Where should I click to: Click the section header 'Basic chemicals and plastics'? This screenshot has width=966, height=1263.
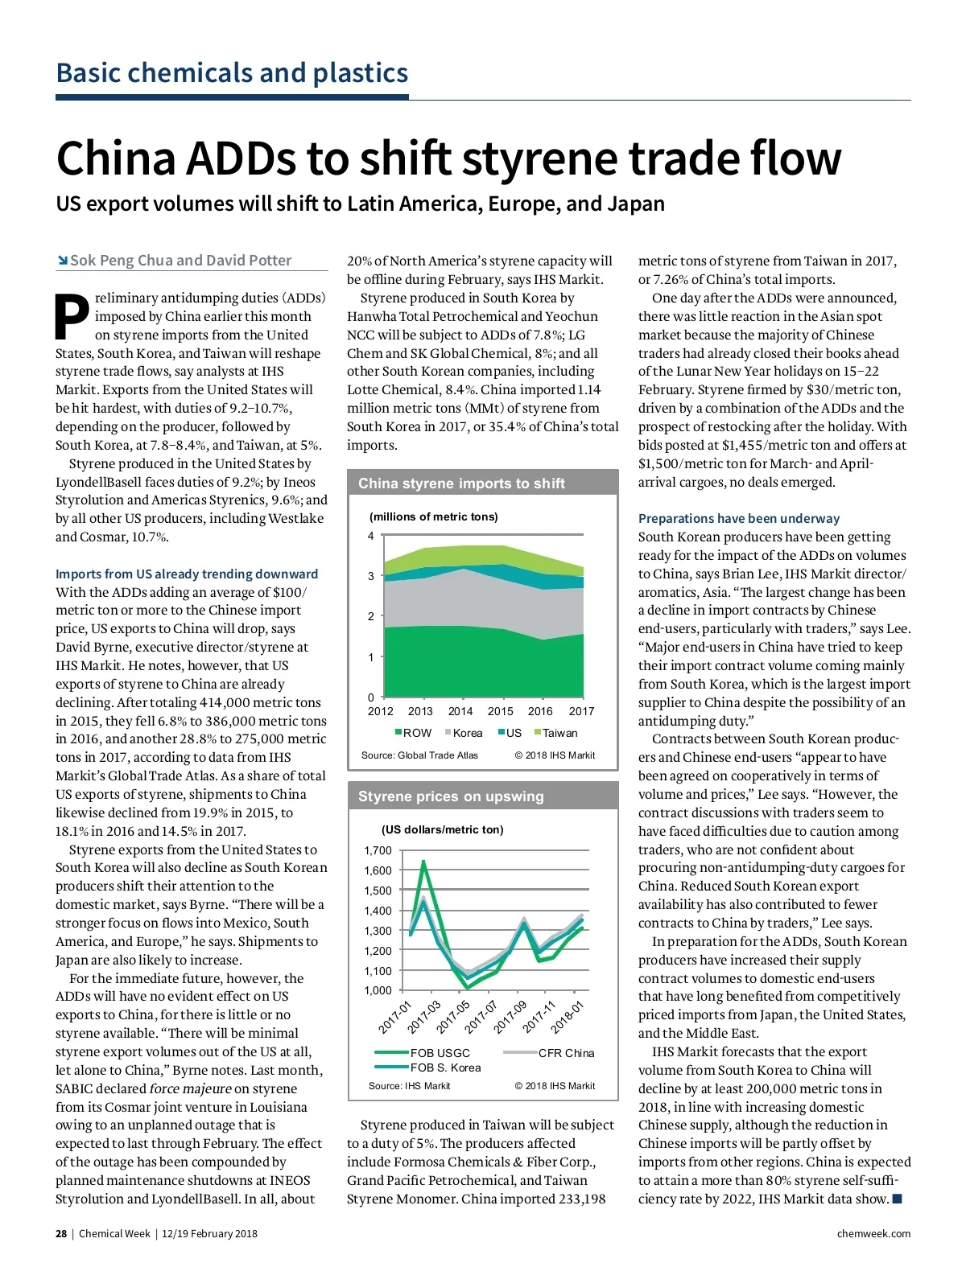(x=232, y=73)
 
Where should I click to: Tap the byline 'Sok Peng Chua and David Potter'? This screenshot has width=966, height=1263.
(x=180, y=261)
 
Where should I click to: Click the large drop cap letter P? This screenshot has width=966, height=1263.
(x=72, y=316)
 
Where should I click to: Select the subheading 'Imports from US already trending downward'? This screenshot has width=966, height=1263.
(x=187, y=574)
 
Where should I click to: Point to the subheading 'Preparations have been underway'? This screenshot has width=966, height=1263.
(x=738, y=518)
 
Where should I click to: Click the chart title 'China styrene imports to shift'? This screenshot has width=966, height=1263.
(x=461, y=483)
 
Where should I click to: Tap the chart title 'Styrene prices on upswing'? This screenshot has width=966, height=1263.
(x=451, y=796)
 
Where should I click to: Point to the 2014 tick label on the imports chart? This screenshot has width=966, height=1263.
(x=460, y=711)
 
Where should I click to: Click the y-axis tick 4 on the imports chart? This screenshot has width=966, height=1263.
(x=371, y=536)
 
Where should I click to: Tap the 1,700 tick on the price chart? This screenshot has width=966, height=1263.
(x=378, y=850)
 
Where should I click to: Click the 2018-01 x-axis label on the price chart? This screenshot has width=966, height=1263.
(x=568, y=1017)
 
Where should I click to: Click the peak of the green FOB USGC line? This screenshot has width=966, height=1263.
(x=423, y=862)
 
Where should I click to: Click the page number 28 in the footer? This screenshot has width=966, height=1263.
(x=61, y=1234)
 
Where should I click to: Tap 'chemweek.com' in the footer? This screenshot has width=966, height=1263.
(x=873, y=1234)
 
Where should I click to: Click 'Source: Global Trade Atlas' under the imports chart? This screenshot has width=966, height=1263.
(x=419, y=755)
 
